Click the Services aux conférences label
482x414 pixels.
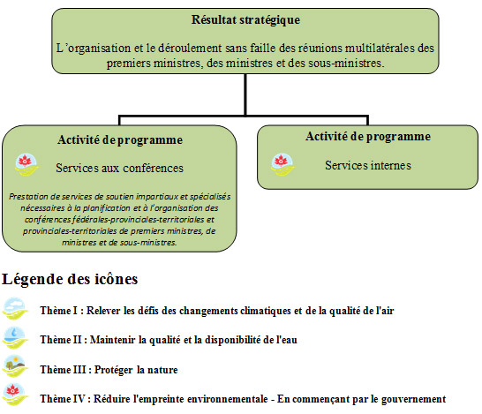click(x=120, y=168)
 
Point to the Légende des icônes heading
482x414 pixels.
click(x=71, y=280)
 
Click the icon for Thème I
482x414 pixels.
click(x=16, y=309)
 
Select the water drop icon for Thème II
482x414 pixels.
click(x=16, y=338)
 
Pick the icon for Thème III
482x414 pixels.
click(x=16, y=367)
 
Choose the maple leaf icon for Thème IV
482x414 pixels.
click(x=16, y=396)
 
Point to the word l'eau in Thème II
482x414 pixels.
click(x=277, y=341)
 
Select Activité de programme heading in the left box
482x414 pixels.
click(x=121, y=139)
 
